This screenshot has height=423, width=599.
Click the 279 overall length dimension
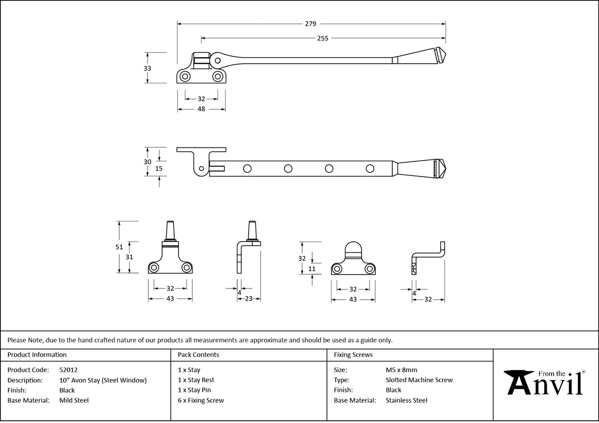310,23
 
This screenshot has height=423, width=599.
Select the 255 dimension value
322,38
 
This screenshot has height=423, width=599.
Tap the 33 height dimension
147,69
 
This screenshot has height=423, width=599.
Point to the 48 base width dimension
201,109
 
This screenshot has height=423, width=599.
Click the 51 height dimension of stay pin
119,247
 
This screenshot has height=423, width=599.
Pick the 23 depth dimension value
249,298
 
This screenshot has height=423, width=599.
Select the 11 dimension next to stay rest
311,269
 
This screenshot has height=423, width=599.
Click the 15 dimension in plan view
159,168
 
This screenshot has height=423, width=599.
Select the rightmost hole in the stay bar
370,169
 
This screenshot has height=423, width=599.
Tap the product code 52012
68,370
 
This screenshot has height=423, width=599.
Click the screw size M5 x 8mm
401,370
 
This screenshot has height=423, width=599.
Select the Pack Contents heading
198,354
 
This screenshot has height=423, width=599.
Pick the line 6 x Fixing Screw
201,400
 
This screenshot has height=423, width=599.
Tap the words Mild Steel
74,400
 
